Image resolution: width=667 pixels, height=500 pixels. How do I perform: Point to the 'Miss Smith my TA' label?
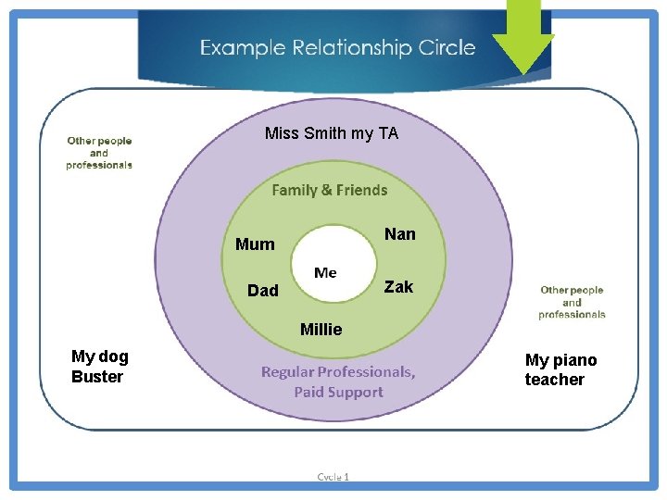332,133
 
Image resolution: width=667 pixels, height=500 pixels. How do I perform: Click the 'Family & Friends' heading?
330,190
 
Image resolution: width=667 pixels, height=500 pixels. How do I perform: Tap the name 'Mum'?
255,244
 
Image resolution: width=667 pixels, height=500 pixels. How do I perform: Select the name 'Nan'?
400,234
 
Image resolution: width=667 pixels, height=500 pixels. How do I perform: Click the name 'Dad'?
263,291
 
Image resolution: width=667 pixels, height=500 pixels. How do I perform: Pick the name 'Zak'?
398,287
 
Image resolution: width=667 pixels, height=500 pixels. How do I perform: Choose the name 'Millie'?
321,330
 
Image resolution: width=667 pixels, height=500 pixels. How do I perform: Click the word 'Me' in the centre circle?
325,273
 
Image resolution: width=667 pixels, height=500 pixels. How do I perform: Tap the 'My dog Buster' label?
100,367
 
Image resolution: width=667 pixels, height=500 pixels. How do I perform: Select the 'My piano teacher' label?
561,369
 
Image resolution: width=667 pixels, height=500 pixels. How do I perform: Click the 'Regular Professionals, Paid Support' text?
338,381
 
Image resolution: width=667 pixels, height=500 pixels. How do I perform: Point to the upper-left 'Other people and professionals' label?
99,153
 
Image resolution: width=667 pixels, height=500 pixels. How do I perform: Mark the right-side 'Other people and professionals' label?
572,302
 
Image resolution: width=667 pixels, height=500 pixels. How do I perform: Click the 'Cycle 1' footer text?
333,477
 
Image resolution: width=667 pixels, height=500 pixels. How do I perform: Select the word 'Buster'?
97,377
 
